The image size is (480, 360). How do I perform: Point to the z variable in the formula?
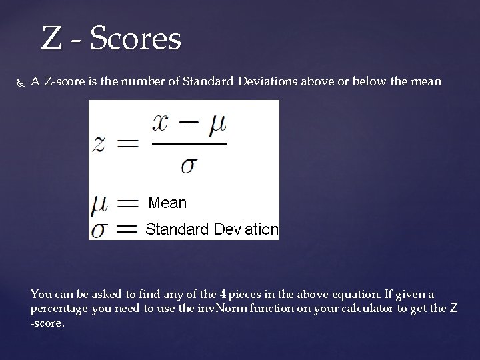pos(99,143)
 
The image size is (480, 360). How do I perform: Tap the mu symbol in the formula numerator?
pos(219,125)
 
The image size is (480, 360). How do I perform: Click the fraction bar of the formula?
pos(189,143)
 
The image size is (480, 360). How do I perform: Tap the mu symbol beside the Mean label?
pos(99,204)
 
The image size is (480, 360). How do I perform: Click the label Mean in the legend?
pos(167,202)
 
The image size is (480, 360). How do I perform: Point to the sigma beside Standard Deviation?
pos(100,230)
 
